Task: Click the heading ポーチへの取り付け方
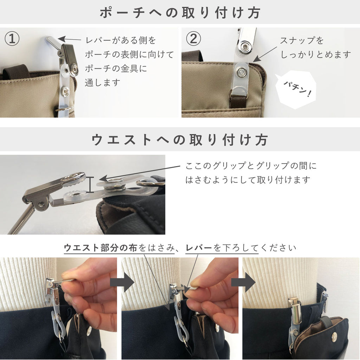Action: (x=180, y=13)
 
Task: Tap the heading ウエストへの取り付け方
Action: (x=180, y=140)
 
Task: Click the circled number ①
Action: (x=12, y=39)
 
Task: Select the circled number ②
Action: (x=193, y=39)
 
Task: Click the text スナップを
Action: (x=302, y=41)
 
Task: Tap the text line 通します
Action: (x=102, y=82)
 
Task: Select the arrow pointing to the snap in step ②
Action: (x=265, y=54)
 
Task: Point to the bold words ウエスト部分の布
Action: (x=101, y=248)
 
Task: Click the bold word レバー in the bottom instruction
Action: (x=199, y=248)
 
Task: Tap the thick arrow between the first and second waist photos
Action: (x=122, y=282)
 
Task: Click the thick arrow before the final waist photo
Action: (x=243, y=282)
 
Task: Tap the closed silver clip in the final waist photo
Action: (x=295, y=308)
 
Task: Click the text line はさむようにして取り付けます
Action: (x=248, y=180)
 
